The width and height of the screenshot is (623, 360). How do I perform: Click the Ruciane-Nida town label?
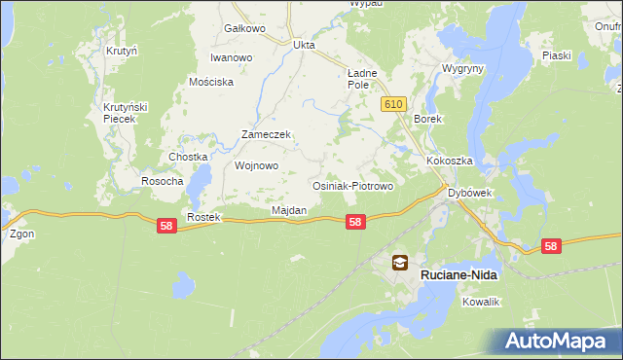pos(458,275)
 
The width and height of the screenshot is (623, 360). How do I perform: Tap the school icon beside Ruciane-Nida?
pos(400,262)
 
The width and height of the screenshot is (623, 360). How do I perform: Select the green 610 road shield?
pos(393,104)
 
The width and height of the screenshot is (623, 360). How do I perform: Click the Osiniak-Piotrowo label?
pos(351,186)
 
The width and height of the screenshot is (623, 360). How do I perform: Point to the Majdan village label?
pos(289,210)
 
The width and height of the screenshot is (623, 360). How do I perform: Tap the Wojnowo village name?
pos(257,165)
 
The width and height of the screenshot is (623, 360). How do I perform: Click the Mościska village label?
pos(212,82)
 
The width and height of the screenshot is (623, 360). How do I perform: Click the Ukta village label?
pos(305,44)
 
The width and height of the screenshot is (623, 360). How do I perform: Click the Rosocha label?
pos(163,181)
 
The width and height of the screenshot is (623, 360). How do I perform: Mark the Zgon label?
pos(21,234)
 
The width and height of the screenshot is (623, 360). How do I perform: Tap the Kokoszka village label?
pos(449,161)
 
